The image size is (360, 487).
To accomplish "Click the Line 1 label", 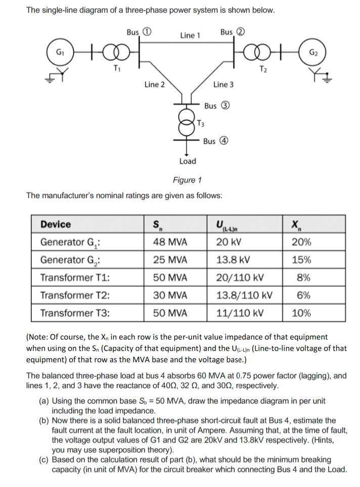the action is tap(190, 35).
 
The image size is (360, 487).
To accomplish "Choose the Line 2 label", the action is tap(154, 84).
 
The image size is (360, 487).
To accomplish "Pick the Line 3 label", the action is tap(223, 84).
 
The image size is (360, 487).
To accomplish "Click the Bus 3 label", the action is tap(217, 106).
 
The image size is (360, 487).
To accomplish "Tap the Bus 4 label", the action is tap(217, 141).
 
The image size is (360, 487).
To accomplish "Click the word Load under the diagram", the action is tap(188, 161).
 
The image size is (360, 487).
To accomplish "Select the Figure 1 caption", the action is tap(187, 180).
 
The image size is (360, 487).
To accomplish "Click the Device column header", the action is tap(56, 224).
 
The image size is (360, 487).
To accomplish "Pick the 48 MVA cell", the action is tap(170, 242).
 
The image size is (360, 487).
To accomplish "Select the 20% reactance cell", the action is tap(301, 242).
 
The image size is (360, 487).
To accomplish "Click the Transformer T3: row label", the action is tap(75, 313).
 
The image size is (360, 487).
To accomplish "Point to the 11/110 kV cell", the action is tap(240, 313).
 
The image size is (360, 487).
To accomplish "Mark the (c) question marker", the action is tap(44, 460).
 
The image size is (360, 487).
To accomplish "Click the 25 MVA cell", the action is tap(170, 260).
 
